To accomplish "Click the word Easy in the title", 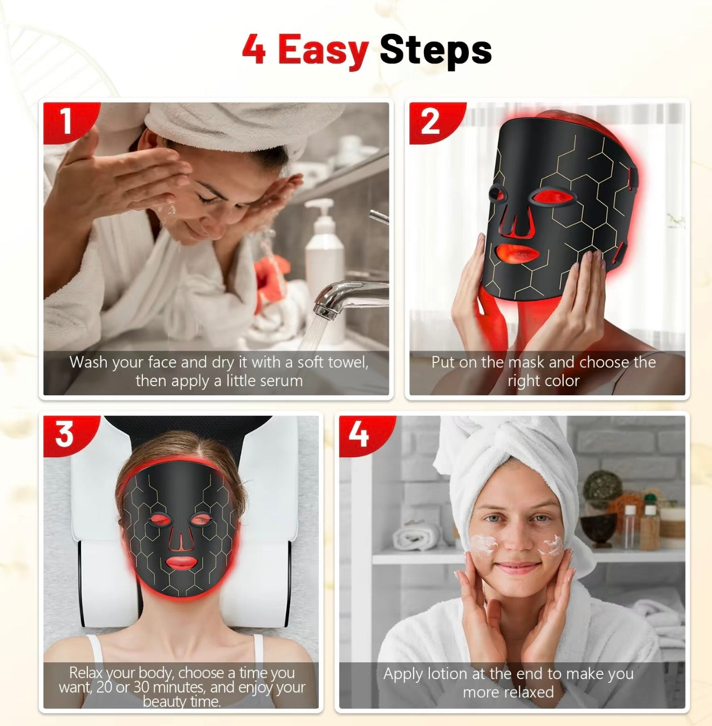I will click(323, 50).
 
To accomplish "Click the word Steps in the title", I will click(435, 50).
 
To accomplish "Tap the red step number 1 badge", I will click(66, 121).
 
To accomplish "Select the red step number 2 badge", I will click(430, 121).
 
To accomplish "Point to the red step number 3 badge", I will click(65, 434).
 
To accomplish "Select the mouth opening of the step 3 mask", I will click(181, 562).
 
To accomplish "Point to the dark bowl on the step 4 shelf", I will click(598, 529).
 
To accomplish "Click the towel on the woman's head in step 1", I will click(237, 121).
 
